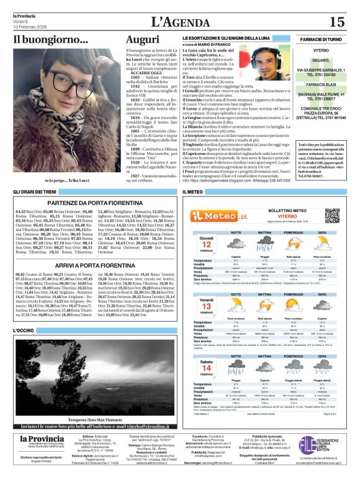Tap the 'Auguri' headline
coord(142,40)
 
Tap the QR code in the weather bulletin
coord(332,216)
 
